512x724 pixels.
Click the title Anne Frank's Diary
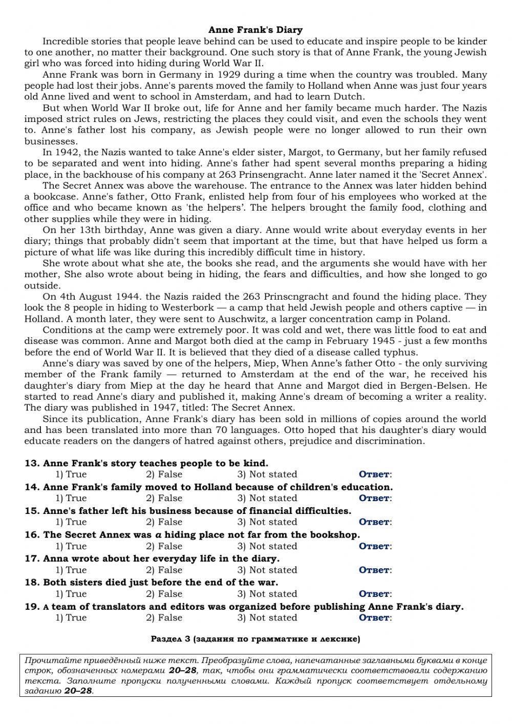click(255, 30)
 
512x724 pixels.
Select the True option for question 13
click(71, 474)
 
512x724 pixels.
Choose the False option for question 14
click(164, 498)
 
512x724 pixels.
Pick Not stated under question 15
click(267, 522)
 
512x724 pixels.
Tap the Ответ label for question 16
click(375, 546)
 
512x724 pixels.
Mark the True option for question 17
click(71, 570)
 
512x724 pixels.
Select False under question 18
click(164, 594)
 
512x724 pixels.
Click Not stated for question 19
click(267, 618)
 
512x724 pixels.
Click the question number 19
click(32, 607)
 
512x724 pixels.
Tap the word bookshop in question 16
click(335, 535)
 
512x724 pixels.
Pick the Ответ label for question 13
click(375, 474)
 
